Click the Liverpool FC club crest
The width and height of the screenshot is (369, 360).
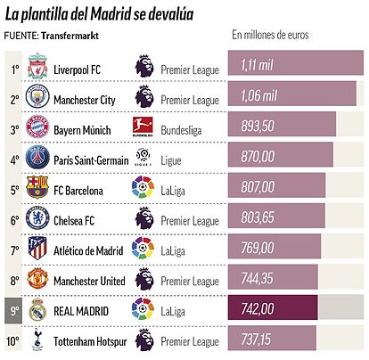click(37, 66)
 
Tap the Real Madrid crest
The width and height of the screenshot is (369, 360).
click(37, 309)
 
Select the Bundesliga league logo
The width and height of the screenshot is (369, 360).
click(143, 127)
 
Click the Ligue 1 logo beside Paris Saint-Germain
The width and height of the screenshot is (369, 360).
click(143, 157)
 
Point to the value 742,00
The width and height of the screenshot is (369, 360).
click(258, 309)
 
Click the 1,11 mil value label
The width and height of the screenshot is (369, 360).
click(257, 64)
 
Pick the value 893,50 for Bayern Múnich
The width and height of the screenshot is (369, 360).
click(258, 126)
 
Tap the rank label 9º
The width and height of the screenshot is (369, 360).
click(14, 311)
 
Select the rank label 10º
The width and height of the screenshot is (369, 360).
click(12, 341)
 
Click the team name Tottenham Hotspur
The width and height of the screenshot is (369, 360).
click(90, 341)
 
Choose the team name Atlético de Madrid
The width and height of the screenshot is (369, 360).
click(88, 250)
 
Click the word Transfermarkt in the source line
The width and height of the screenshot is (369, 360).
click(70, 36)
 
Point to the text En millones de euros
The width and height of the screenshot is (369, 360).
click(270, 35)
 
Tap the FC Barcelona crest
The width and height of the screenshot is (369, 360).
click(37, 187)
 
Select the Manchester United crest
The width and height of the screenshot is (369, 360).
click(37, 278)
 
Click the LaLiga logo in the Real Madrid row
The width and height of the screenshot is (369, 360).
click(143, 309)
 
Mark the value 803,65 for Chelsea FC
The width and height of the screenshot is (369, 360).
click(258, 217)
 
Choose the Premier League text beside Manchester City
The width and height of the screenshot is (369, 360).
click(190, 100)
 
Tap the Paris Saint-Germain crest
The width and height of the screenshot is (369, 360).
click(37, 157)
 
